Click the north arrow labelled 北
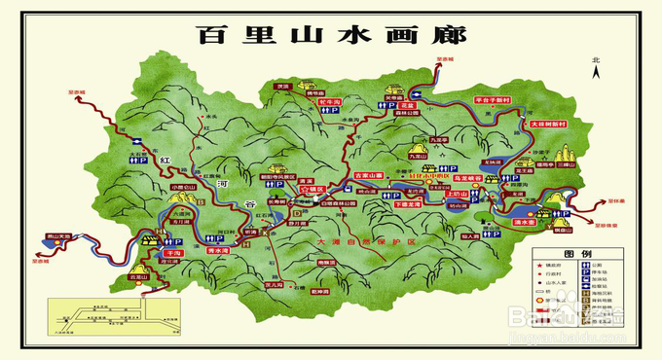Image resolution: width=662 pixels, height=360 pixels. [595, 66]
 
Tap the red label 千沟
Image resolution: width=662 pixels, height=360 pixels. [173, 251]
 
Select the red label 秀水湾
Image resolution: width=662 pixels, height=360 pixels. [223, 250]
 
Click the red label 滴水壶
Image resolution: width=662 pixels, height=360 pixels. [551, 220]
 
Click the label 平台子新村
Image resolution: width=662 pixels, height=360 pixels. [493, 99]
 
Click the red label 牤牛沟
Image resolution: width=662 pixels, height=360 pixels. [328, 101]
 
